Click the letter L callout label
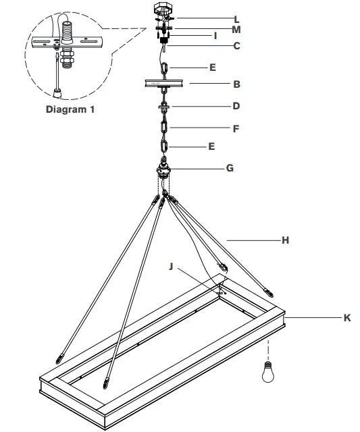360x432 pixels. tap(236, 18)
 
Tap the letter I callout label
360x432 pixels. tap(215, 35)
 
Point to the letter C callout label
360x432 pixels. tap(236, 47)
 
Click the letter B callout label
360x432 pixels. tap(236, 85)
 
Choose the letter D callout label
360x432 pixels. tap(236, 106)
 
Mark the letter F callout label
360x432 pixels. tap(236, 128)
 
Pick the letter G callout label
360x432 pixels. tap(230, 167)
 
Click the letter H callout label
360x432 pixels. tap(286, 240)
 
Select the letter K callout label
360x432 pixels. tap(346, 318)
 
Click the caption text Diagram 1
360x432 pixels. tap(70, 109)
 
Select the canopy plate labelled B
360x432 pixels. tap(165, 84)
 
